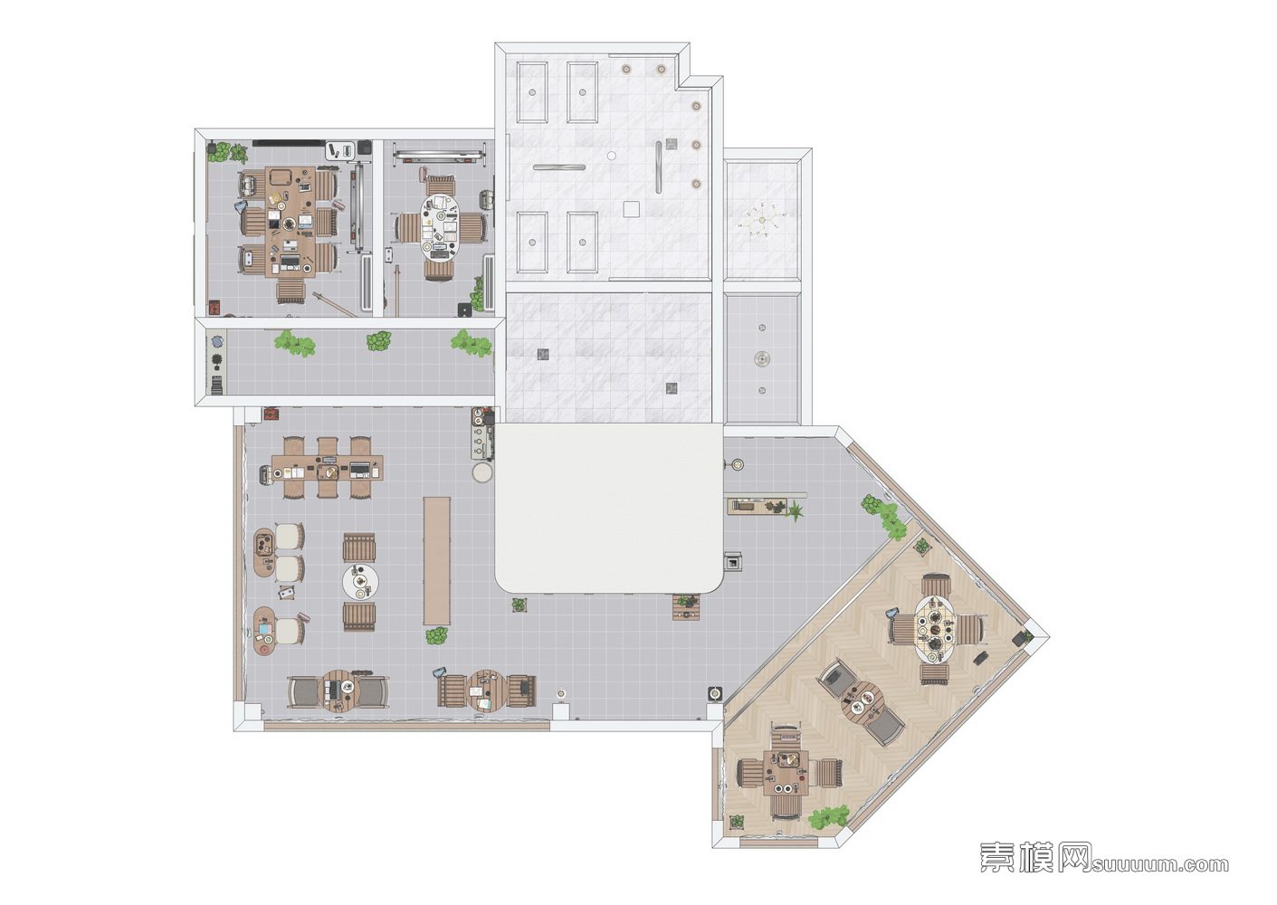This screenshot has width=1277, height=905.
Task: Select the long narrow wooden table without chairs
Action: tap(437, 561)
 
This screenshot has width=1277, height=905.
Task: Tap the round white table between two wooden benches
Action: tap(360, 581)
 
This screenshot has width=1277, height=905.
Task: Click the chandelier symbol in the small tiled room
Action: tap(762, 221)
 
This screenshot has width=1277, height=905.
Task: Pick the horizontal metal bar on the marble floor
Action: tap(559, 167)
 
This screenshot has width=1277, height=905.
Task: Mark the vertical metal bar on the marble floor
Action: tap(659, 167)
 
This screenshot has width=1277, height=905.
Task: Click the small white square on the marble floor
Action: tap(631, 209)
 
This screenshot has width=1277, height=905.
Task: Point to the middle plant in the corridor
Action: tap(378, 341)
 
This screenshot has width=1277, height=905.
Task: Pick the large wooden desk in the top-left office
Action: tap(291, 223)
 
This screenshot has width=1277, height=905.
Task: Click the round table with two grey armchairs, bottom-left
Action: tap(339, 691)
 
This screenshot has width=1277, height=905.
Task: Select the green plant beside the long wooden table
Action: tap(437, 635)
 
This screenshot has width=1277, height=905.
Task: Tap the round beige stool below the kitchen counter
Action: tap(482, 472)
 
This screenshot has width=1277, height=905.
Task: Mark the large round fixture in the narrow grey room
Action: tap(762, 358)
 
